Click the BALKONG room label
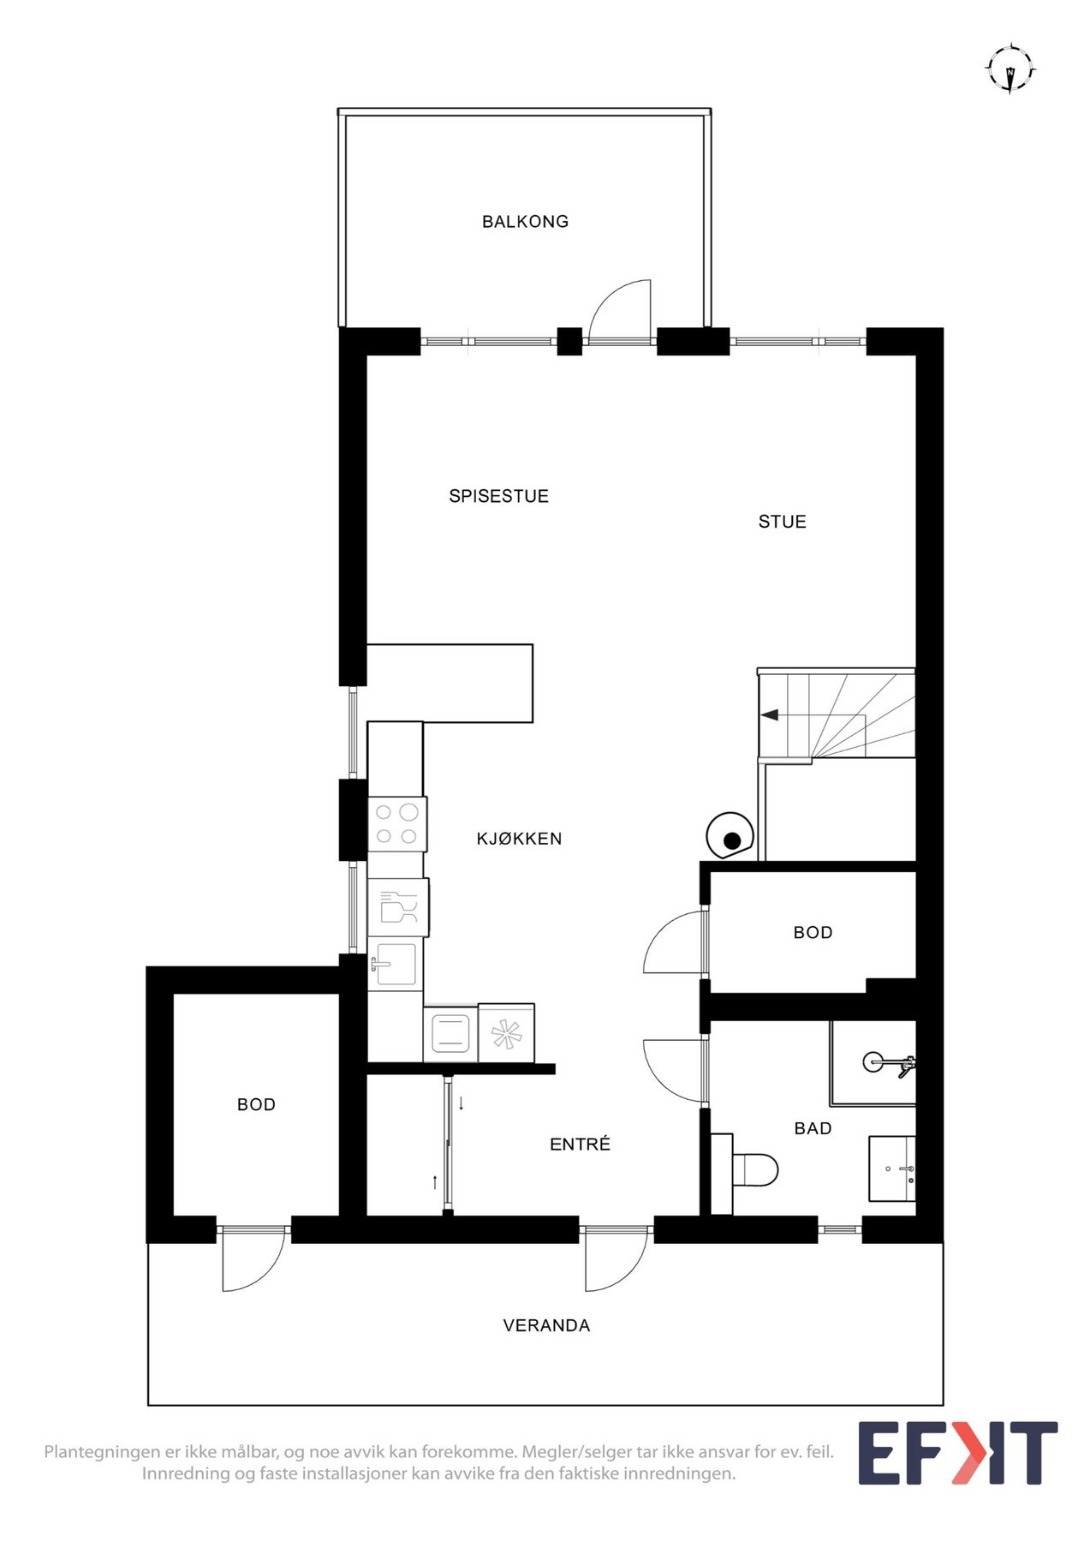[525, 221]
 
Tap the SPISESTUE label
[498, 496]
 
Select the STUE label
[782, 522]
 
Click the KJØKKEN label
[519, 839]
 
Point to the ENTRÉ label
[580, 1145]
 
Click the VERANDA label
[546, 1325]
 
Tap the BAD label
[813, 1128]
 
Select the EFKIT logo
[957, 1453]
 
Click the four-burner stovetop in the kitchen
[396, 823]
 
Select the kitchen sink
[396, 964]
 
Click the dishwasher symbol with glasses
[398, 907]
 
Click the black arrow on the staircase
[769, 714]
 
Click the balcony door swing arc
[618, 310]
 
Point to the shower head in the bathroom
[873, 1062]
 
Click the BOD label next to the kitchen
[813, 932]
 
